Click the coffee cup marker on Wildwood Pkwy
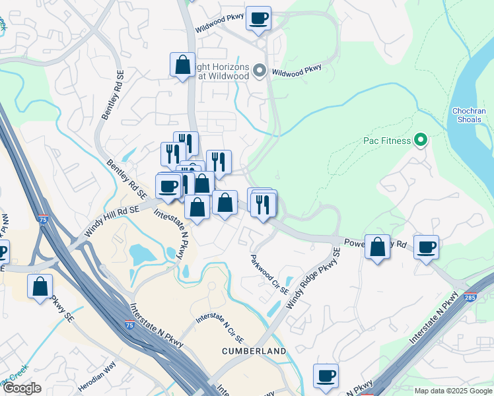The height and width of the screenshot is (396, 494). (259, 18)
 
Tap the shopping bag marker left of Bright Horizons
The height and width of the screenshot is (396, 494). (183, 65)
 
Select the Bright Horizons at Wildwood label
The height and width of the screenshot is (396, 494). (223, 72)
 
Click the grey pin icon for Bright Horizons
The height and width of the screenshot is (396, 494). (260, 71)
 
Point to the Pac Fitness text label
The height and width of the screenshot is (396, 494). (387, 141)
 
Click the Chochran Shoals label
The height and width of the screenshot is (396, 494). (469, 115)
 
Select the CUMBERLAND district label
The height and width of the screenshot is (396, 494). (254, 351)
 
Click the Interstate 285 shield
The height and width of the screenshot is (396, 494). (470, 298)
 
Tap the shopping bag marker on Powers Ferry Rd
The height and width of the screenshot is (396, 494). (377, 247)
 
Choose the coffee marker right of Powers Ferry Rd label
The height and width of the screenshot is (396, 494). (427, 247)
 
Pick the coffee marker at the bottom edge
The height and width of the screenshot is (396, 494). (326, 376)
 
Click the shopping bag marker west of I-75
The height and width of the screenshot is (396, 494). (40, 287)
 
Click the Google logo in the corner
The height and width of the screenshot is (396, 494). (21, 388)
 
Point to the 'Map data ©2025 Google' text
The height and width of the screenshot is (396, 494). (454, 391)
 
